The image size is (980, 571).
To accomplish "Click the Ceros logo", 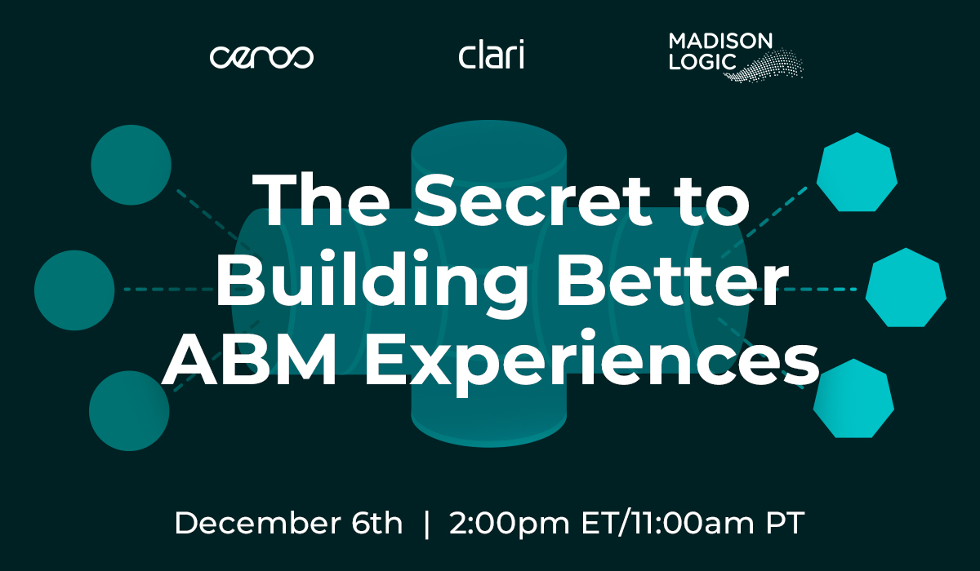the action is point(261,57).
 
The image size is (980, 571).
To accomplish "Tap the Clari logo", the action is point(492,54).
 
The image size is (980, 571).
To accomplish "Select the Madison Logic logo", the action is point(736,57).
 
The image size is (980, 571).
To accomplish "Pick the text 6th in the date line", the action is point(376,523).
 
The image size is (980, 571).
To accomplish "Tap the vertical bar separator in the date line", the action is point(427,525).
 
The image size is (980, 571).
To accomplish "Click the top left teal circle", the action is point(131,165).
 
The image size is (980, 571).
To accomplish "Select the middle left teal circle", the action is point(74,290).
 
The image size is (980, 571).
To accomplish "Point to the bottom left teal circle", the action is point(129,410).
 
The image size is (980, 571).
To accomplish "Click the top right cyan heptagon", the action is point(857,173).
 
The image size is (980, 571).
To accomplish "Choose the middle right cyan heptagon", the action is point(906,288).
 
